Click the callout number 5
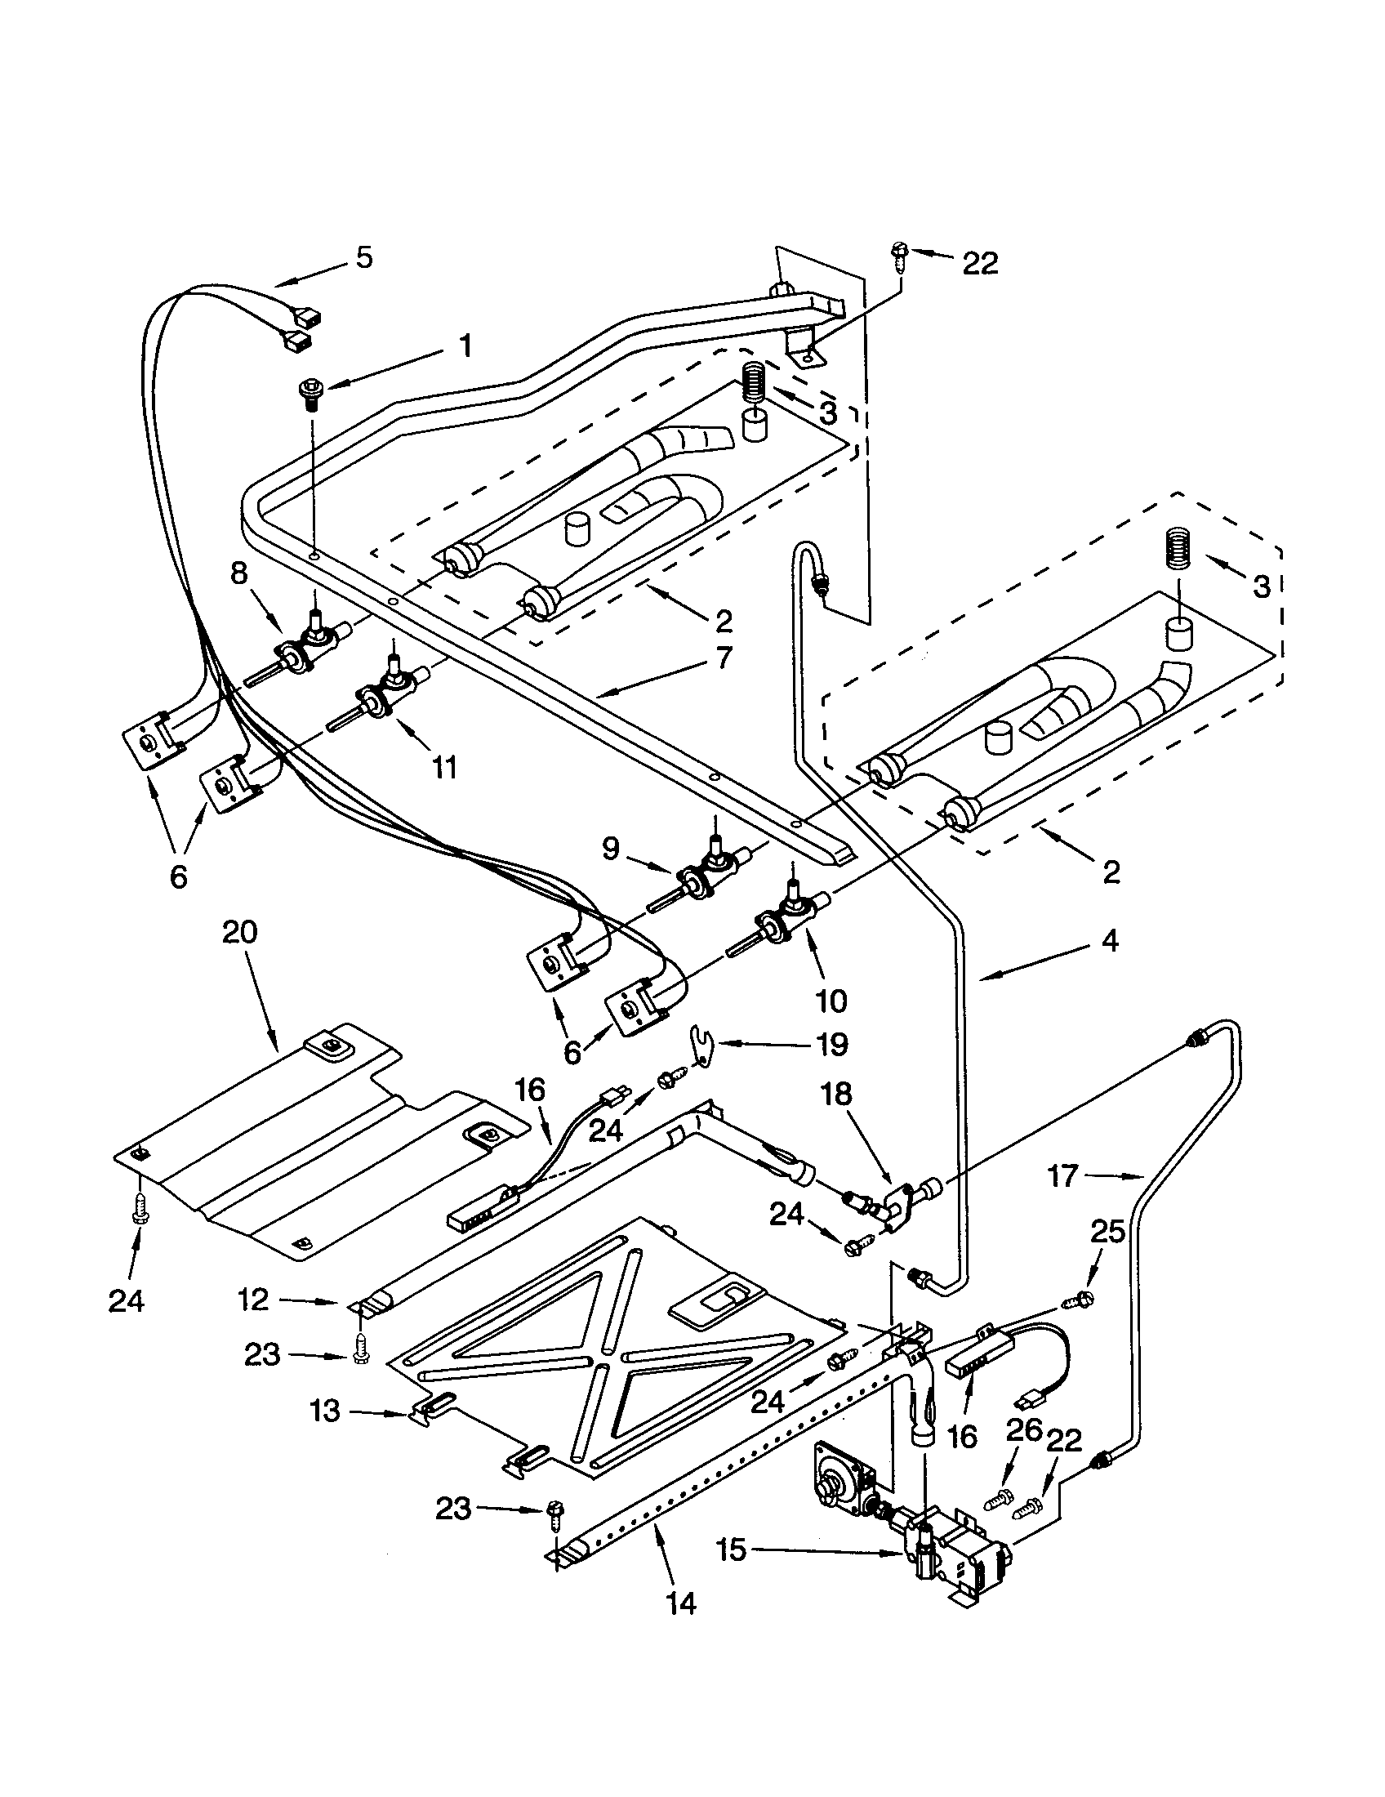[x=363, y=257]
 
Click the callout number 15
[x=730, y=1550]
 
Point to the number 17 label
[x=1062, y=1175]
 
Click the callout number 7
[x=724, y=658]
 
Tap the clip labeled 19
[x=700, y=1049]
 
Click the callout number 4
[x=1110, y=940]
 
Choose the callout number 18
[x=835, y=1095]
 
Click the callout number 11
[x=444, y=768]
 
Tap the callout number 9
[x=610, y=849]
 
